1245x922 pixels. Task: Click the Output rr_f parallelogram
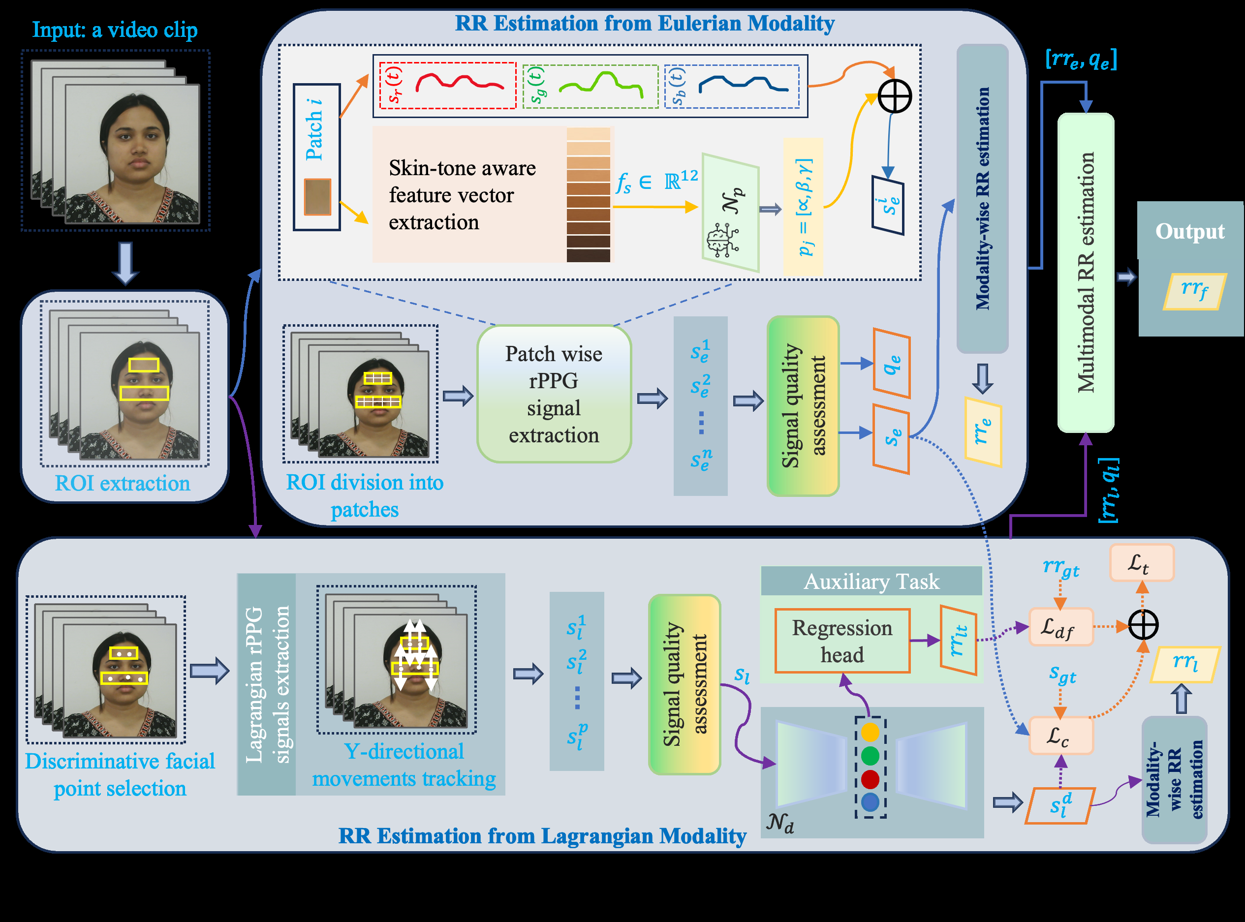pos(1195,291)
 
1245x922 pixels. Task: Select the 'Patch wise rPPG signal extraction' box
pos(554,394)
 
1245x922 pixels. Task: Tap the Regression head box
pos(842,641)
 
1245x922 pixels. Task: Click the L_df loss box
pos(1060,627)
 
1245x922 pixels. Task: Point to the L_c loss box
pos(1060,736)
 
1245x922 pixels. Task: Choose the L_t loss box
pos(1142,562)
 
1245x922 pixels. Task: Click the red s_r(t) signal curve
pos(460,83)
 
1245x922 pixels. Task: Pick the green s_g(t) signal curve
pos(601,84)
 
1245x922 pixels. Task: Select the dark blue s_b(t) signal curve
pos(743,83)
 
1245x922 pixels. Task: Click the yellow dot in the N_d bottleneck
pos(870,732)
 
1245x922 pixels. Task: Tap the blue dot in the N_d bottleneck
pos(870,802)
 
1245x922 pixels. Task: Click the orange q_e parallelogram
pos(892,363)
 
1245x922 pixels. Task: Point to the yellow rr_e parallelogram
pos(983,431)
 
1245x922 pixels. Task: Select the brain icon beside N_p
pos(722,241)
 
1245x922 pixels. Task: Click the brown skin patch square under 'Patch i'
pos(317,196)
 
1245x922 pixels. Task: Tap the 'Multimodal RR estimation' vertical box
pos(1086,273)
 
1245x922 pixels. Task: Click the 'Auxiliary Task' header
pos(871,581)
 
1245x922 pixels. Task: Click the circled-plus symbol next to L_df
pos(1143,625)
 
